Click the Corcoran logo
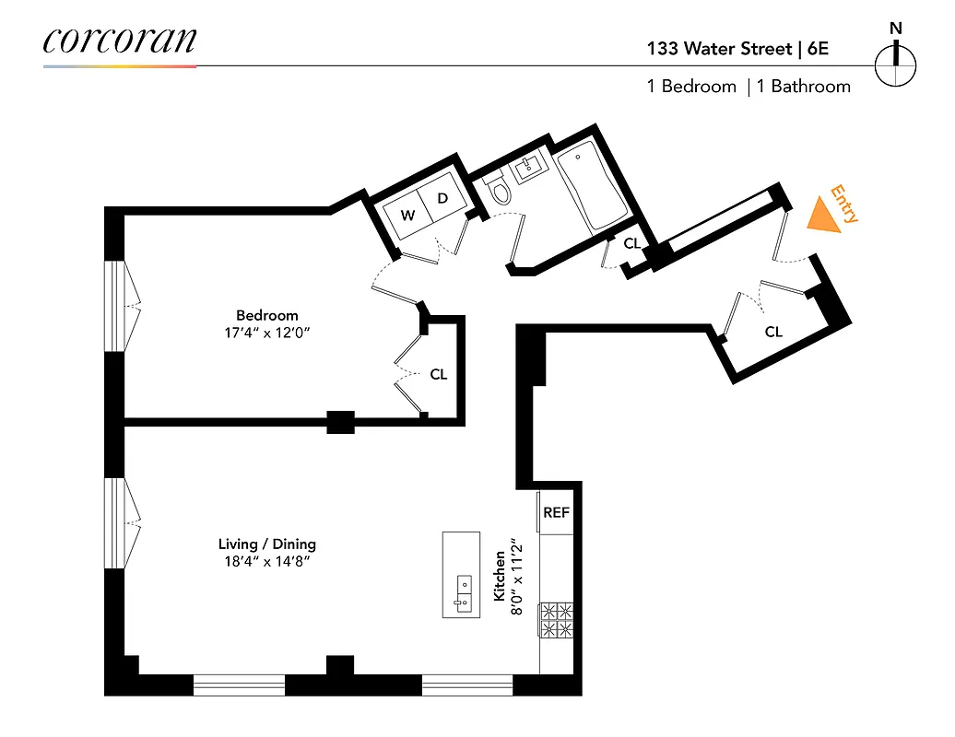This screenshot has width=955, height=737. point(119,41)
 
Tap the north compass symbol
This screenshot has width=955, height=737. point(895,64)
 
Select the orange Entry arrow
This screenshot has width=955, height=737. point(823,216)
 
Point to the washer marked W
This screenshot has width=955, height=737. point(407,216)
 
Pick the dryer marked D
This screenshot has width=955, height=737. point(442,198)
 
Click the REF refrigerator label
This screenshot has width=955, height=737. point(556,513)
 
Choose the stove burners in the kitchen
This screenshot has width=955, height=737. point(556,620)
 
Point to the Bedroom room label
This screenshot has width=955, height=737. point(266,315)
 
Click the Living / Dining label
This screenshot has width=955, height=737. point(266,544)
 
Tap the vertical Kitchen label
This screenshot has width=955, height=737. point(500,577)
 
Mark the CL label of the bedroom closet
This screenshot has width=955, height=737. point(438,375)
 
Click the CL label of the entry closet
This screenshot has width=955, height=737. point(772,332)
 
